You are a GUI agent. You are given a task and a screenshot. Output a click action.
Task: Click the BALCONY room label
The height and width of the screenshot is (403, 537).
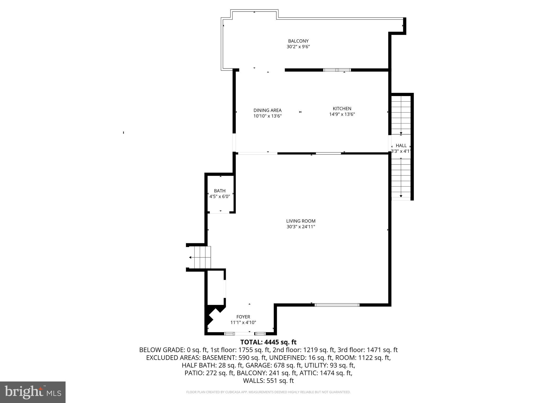click(x=298, y=41)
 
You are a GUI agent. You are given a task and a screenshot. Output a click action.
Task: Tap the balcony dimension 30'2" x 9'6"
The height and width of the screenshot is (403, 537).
click(x=298, y=47)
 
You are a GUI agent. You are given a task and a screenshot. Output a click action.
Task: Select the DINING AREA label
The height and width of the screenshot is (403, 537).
click(x=267, y=110)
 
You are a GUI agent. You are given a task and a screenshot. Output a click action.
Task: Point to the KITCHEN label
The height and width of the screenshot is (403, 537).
click(x=342, y=108)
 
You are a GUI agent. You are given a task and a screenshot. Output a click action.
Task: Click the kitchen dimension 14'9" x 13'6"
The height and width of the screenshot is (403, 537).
click(x=342, y=114)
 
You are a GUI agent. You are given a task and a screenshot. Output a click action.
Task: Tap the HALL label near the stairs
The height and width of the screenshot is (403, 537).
click(x=401, y=145)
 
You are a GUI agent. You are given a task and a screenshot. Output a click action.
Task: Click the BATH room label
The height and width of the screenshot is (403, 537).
click(x=219, y=191)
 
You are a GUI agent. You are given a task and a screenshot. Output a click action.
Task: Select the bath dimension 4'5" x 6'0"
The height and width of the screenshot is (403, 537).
click(x=219, y=197)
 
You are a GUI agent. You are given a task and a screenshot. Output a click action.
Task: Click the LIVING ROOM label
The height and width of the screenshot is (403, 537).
click(x=301, y=221)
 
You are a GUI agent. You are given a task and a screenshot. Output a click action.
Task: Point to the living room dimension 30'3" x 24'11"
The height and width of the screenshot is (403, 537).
click(x=301, y=227)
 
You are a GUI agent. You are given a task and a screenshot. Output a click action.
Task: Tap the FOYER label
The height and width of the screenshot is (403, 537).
click(x=243, y=317)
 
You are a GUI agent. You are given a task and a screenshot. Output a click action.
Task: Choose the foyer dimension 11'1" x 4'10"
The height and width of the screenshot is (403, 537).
click(x=243, y=323)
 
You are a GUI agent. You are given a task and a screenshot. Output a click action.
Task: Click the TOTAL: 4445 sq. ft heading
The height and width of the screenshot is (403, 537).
click(x=268, y=342)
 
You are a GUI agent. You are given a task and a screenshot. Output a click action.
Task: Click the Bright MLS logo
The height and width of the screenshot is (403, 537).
click(x=33, y=392)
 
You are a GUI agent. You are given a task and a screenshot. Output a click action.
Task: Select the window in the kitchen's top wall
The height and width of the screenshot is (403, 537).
click(x=337, y=70)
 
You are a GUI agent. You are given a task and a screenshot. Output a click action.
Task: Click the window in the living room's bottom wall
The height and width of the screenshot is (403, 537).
click(x=337, y=305)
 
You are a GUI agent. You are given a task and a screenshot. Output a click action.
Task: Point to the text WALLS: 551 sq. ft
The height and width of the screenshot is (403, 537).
click(x=268, y=381)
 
